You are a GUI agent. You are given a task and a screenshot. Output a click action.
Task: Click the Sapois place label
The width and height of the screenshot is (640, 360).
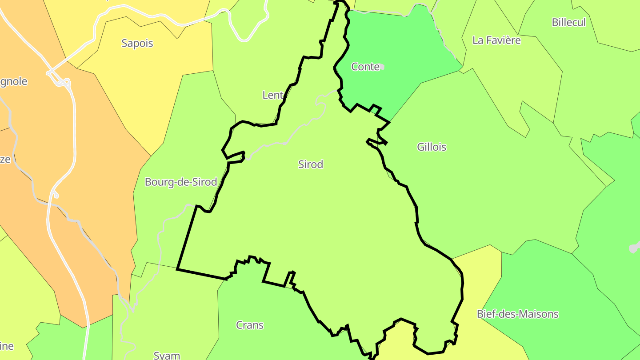click(137, 43)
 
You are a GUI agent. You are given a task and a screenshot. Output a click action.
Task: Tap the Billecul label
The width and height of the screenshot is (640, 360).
click(568, 22)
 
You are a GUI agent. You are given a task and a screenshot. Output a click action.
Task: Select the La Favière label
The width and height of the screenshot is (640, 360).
click(496, 40)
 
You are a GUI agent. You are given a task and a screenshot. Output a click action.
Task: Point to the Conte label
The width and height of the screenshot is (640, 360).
click(365, 67)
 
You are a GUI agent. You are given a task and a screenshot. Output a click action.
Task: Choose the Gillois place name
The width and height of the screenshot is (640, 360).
click(432, 147)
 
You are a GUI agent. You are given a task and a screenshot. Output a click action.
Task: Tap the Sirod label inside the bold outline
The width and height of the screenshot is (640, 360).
click(311, 164)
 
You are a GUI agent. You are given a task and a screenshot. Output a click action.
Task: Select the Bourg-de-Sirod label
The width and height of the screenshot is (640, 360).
click(181, 182)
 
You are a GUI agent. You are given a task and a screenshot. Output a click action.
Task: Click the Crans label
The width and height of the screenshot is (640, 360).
click(250, 325)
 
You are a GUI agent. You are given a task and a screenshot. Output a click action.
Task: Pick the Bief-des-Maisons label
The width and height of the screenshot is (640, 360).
click(517, 314)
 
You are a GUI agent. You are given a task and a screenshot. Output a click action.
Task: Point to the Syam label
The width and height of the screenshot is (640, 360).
click(167, 355)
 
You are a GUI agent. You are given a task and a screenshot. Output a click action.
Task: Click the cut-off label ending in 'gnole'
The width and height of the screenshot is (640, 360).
click(13, 81)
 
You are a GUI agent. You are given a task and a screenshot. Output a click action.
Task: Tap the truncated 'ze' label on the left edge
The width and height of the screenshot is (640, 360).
click(5, 159)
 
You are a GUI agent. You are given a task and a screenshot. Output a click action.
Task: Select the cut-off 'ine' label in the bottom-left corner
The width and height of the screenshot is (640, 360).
click(7, 346)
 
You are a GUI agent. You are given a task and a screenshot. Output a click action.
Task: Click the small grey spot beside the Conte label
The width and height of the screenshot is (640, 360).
click(382, 67)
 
